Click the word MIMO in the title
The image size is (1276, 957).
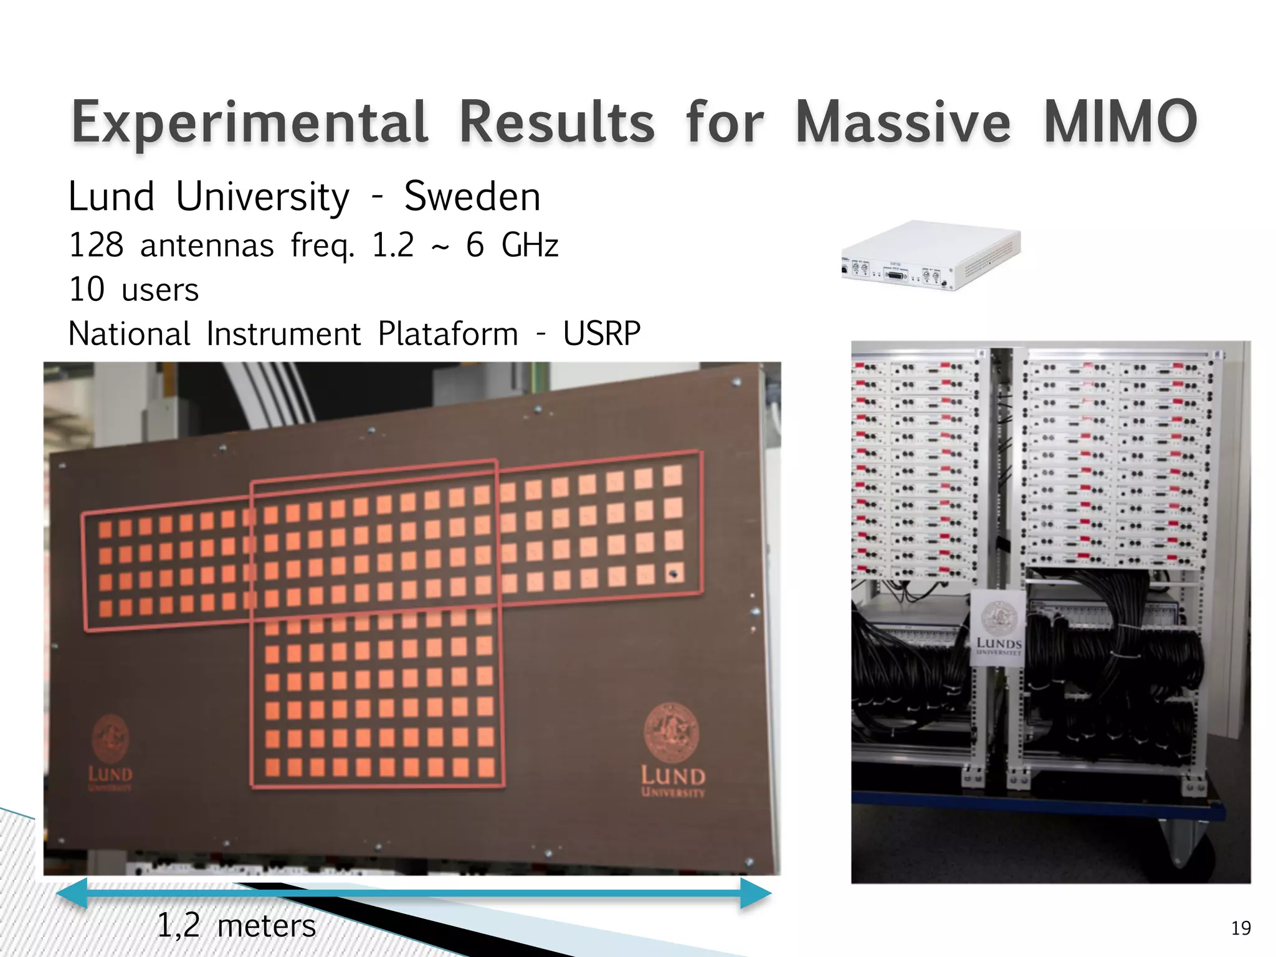tap(1120, 121)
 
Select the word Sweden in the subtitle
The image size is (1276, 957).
tap(472, 197)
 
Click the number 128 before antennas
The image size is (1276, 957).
tap(96, 245)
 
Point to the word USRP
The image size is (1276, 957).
tap(601, 334)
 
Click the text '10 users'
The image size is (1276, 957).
tap(133, 290)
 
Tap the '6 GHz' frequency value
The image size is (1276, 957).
tap(512, 245)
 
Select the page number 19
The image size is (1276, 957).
tap(1240, 928)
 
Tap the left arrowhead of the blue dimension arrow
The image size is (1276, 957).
tap(72, 893)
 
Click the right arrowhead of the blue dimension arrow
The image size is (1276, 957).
tap(756, 893)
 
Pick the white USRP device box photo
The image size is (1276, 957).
tap(931, 255)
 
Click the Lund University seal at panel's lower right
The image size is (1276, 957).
tap(671, 733)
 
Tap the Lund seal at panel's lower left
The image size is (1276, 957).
tap(111, 739)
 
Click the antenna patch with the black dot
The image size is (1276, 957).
tap(673, 573)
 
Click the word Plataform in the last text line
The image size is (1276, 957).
tap(447, 334)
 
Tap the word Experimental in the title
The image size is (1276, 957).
tap(250, 121)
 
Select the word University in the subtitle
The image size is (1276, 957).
tap(262, 197)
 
